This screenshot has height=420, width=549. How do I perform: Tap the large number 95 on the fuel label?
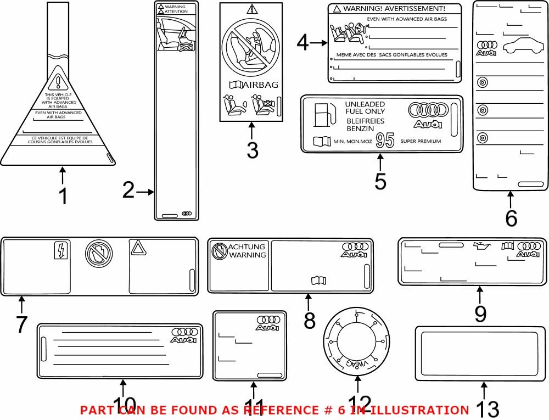tap(385, 141)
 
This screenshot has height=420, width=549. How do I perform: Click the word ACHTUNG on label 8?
tap(247, 247)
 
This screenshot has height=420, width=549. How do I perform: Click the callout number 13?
tap(486, 409)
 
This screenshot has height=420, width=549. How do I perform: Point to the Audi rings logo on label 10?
tap(184, 332)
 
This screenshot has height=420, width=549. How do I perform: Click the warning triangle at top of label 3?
tap(252, 9)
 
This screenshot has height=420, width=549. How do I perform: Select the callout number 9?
tap(480, 313)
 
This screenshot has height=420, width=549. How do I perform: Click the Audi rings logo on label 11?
tap(268, 320)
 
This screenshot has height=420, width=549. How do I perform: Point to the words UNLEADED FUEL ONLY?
tap(365, 108)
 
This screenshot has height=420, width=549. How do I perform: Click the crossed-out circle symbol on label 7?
tap(99, 253)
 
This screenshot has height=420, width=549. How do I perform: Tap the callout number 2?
tap(128, 191)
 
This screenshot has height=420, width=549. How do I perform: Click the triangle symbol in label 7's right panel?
tap(137, 248)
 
